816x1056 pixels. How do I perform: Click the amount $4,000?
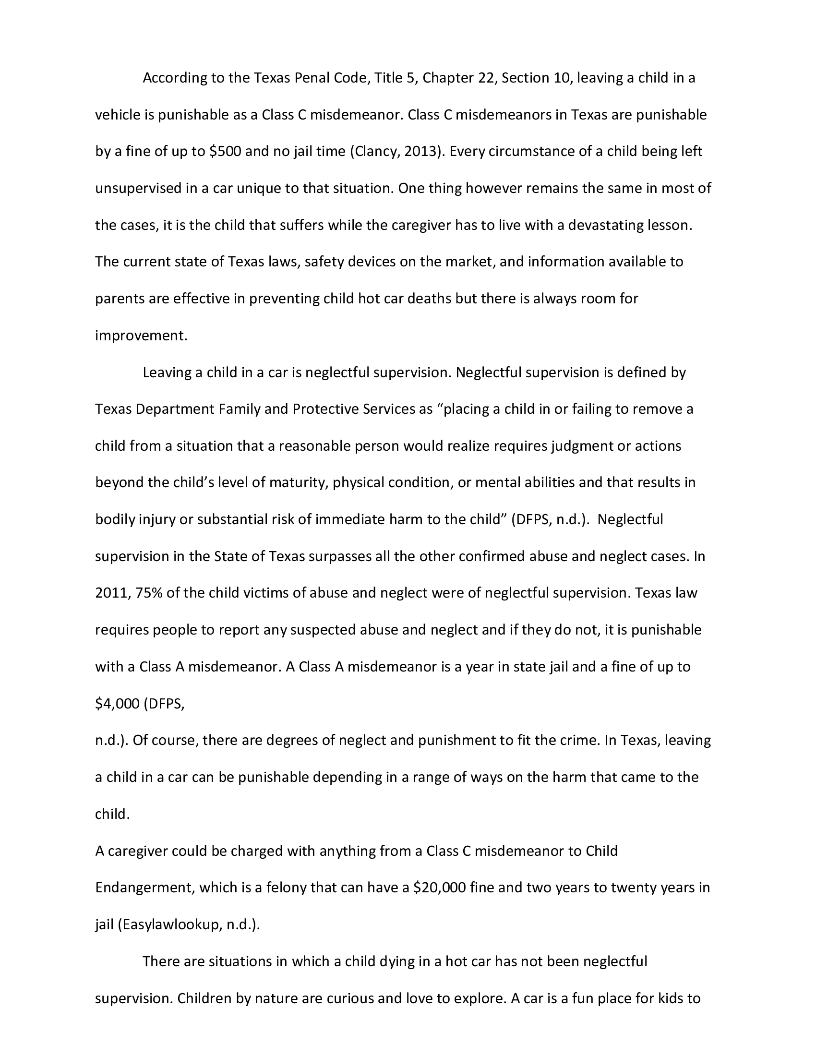(118, 704)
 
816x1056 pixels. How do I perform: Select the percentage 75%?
(149, 593)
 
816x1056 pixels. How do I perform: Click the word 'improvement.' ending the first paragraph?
(141, 336)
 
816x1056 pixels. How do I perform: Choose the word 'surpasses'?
(340, 556)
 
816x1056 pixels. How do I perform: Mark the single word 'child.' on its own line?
(112, 814)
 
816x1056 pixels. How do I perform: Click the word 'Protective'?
(326, 409)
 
